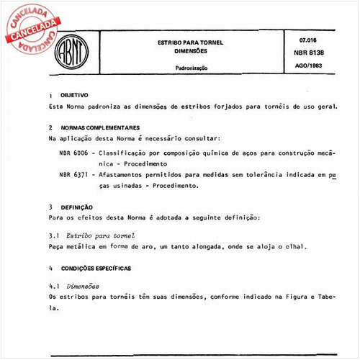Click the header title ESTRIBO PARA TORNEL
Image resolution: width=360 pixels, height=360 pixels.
[191, 42]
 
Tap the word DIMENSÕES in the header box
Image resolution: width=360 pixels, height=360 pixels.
[190, 51]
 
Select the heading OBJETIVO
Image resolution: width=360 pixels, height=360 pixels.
[74, 95]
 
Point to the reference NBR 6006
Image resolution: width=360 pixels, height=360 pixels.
[74, 153]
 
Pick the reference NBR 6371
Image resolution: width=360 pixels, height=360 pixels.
[74, 175]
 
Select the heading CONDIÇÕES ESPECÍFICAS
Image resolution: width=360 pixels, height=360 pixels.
[96, 266]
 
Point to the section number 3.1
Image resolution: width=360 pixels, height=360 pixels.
[53, 235]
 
